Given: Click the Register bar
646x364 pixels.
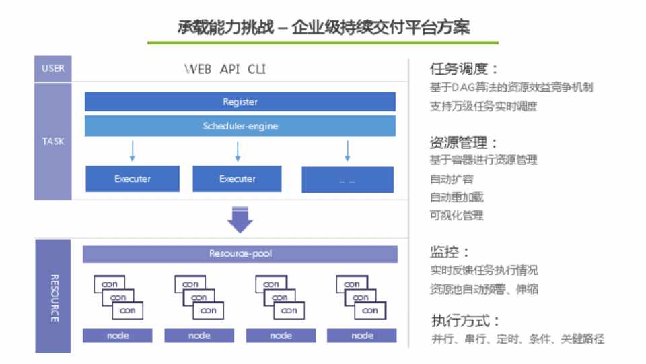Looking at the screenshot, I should click(x=240, y=102).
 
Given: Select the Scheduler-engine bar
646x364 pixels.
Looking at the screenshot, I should click(x=240, y=126).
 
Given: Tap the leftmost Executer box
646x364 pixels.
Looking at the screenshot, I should click(x=133, y=179).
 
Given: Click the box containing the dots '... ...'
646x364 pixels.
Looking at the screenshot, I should click(x=347, y=180).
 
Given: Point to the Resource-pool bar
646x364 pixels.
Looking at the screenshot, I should click(x=240, y=254).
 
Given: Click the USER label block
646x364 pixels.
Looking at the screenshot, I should click(x=53, y=68).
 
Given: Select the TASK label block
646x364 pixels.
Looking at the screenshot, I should click(x=53, y=142).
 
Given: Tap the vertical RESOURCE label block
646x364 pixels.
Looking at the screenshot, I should click(x=53, y=296).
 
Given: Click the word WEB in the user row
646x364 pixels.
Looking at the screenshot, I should click(x=199, y=69).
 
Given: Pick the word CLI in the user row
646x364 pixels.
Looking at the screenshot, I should click(x=257, y=69).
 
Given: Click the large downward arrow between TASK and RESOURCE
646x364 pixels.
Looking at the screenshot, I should click(x=240, y=219).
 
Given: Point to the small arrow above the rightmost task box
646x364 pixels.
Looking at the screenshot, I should click(x=347, y=152).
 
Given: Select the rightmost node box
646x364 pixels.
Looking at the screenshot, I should click(x=362, y=336).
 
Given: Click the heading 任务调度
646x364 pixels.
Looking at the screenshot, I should click(x=464, y=69).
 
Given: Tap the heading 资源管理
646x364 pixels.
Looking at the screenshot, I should click(x=464, y=143).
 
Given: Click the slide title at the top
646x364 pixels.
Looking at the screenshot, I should click(x=323, y=28).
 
